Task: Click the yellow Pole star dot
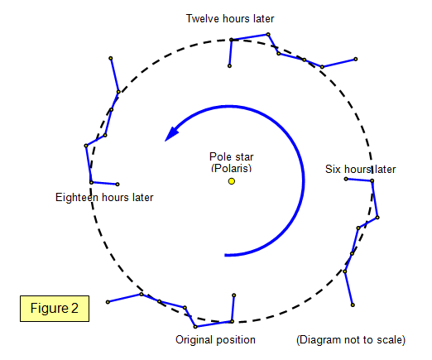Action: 232,181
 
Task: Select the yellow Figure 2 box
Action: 55,309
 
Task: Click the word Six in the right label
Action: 333,169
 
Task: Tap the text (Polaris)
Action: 232,168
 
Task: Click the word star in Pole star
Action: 243,157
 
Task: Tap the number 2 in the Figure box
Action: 74,308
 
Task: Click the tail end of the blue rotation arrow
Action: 225,255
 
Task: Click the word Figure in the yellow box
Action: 50,309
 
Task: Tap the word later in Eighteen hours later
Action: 142,198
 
